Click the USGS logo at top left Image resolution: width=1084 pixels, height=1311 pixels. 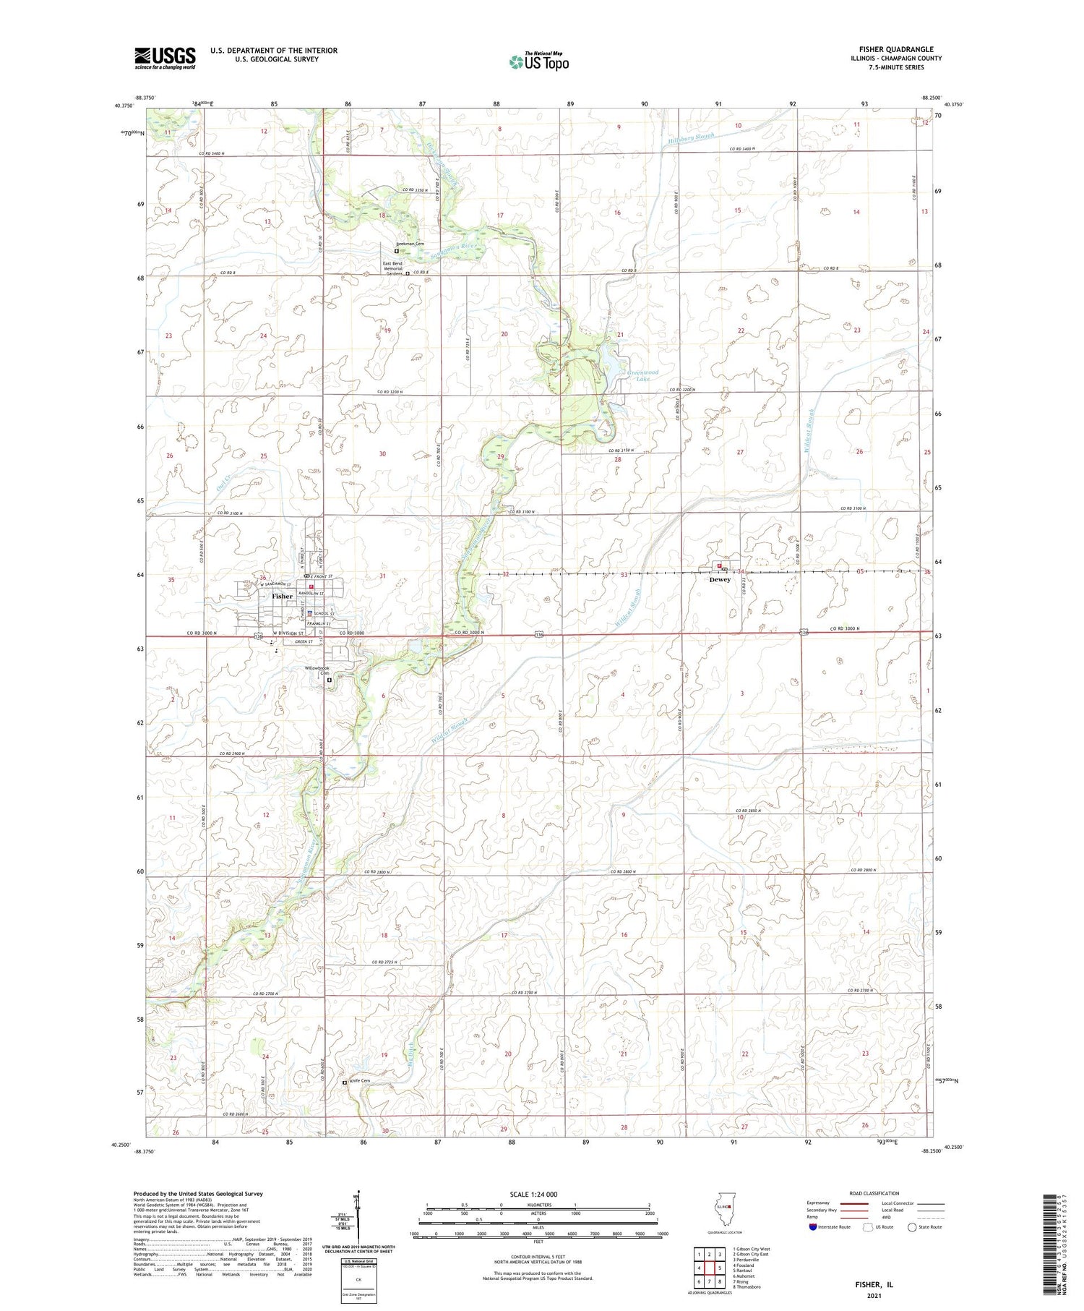(x=165, y=58)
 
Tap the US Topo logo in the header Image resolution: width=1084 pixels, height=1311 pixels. (x=538, y=62)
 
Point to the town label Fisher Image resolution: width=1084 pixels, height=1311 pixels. (x=283, y=597)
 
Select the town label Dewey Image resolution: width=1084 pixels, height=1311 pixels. (x=720, y=579)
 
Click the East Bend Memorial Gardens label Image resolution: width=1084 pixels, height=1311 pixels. (x=392, y=268)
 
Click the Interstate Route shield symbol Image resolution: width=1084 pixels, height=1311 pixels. (x=813, y=1227)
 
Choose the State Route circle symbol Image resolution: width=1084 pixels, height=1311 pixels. (x=912, y=1227)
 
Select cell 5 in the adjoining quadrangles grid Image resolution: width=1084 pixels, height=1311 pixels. (x=720, y=1268)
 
